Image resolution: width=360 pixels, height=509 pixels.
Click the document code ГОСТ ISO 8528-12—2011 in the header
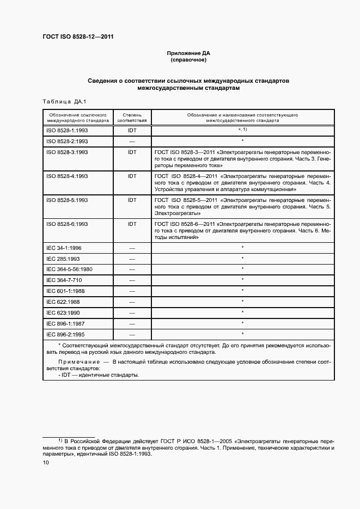tap(78, 37)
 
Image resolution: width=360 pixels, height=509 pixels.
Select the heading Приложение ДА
tap(188, 53)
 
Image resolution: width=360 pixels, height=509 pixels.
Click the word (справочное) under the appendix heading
tap(188, 60)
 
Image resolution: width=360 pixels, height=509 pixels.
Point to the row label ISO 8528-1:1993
tap(67, 131)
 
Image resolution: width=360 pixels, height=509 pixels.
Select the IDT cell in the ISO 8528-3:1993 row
tap(132, 152)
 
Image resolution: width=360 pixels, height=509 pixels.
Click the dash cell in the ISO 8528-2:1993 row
tap(132, 141)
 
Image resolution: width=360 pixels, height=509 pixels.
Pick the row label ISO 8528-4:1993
tap(67, 176)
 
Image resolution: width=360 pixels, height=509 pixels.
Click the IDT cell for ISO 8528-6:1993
tap(132, 224)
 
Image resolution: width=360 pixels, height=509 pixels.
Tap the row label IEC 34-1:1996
tap(64, 248)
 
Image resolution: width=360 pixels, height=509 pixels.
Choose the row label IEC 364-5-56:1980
tap(69, 269)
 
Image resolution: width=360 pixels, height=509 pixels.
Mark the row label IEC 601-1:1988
tap(65, 291)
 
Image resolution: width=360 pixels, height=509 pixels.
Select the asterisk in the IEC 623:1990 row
tap(242, 312)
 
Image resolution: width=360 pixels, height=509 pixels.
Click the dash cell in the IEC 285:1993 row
tap(132, 259)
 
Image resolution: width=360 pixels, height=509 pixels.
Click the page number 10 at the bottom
tap(46, 462)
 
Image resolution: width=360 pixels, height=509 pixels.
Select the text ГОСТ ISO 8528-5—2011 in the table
tap(186, 200)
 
